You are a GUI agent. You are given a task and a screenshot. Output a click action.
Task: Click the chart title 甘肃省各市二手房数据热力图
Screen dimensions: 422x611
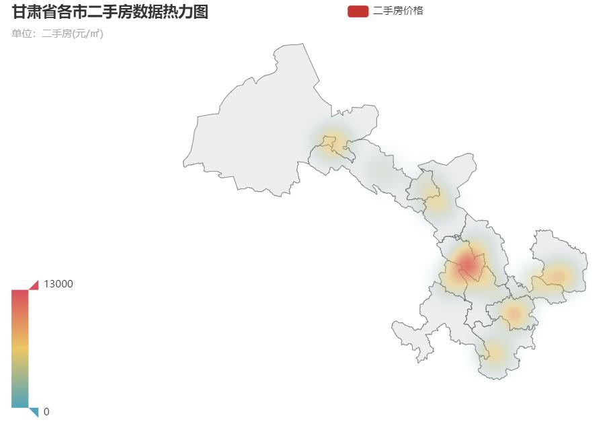coord(110,11)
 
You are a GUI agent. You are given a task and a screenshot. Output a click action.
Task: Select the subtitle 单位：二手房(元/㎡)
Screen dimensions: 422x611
coord(58,34)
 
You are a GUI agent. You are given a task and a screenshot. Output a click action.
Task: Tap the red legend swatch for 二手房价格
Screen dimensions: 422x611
coord(358,11)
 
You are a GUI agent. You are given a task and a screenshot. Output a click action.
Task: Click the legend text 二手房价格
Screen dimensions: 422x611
coord(398,11)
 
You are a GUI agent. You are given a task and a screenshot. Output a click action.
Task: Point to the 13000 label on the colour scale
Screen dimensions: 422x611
coord(58,284)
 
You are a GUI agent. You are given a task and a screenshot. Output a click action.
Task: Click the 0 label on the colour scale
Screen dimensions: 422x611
coord(46,411)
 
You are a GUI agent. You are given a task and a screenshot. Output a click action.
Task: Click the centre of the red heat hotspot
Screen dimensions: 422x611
coord(468,265)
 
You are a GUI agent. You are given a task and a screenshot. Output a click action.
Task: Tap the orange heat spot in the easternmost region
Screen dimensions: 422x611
coord(557,275)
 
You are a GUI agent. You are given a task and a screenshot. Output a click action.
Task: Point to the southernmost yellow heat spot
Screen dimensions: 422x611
coord(495,350)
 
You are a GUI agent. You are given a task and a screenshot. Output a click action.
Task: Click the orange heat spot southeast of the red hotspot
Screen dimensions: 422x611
coord(514,312)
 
